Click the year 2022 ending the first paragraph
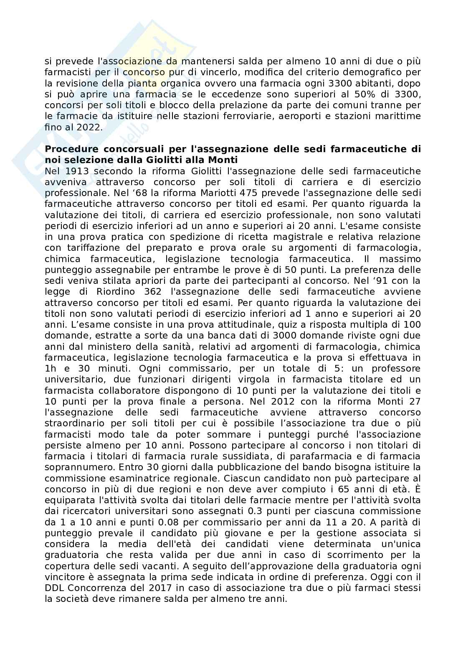point(89,127)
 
